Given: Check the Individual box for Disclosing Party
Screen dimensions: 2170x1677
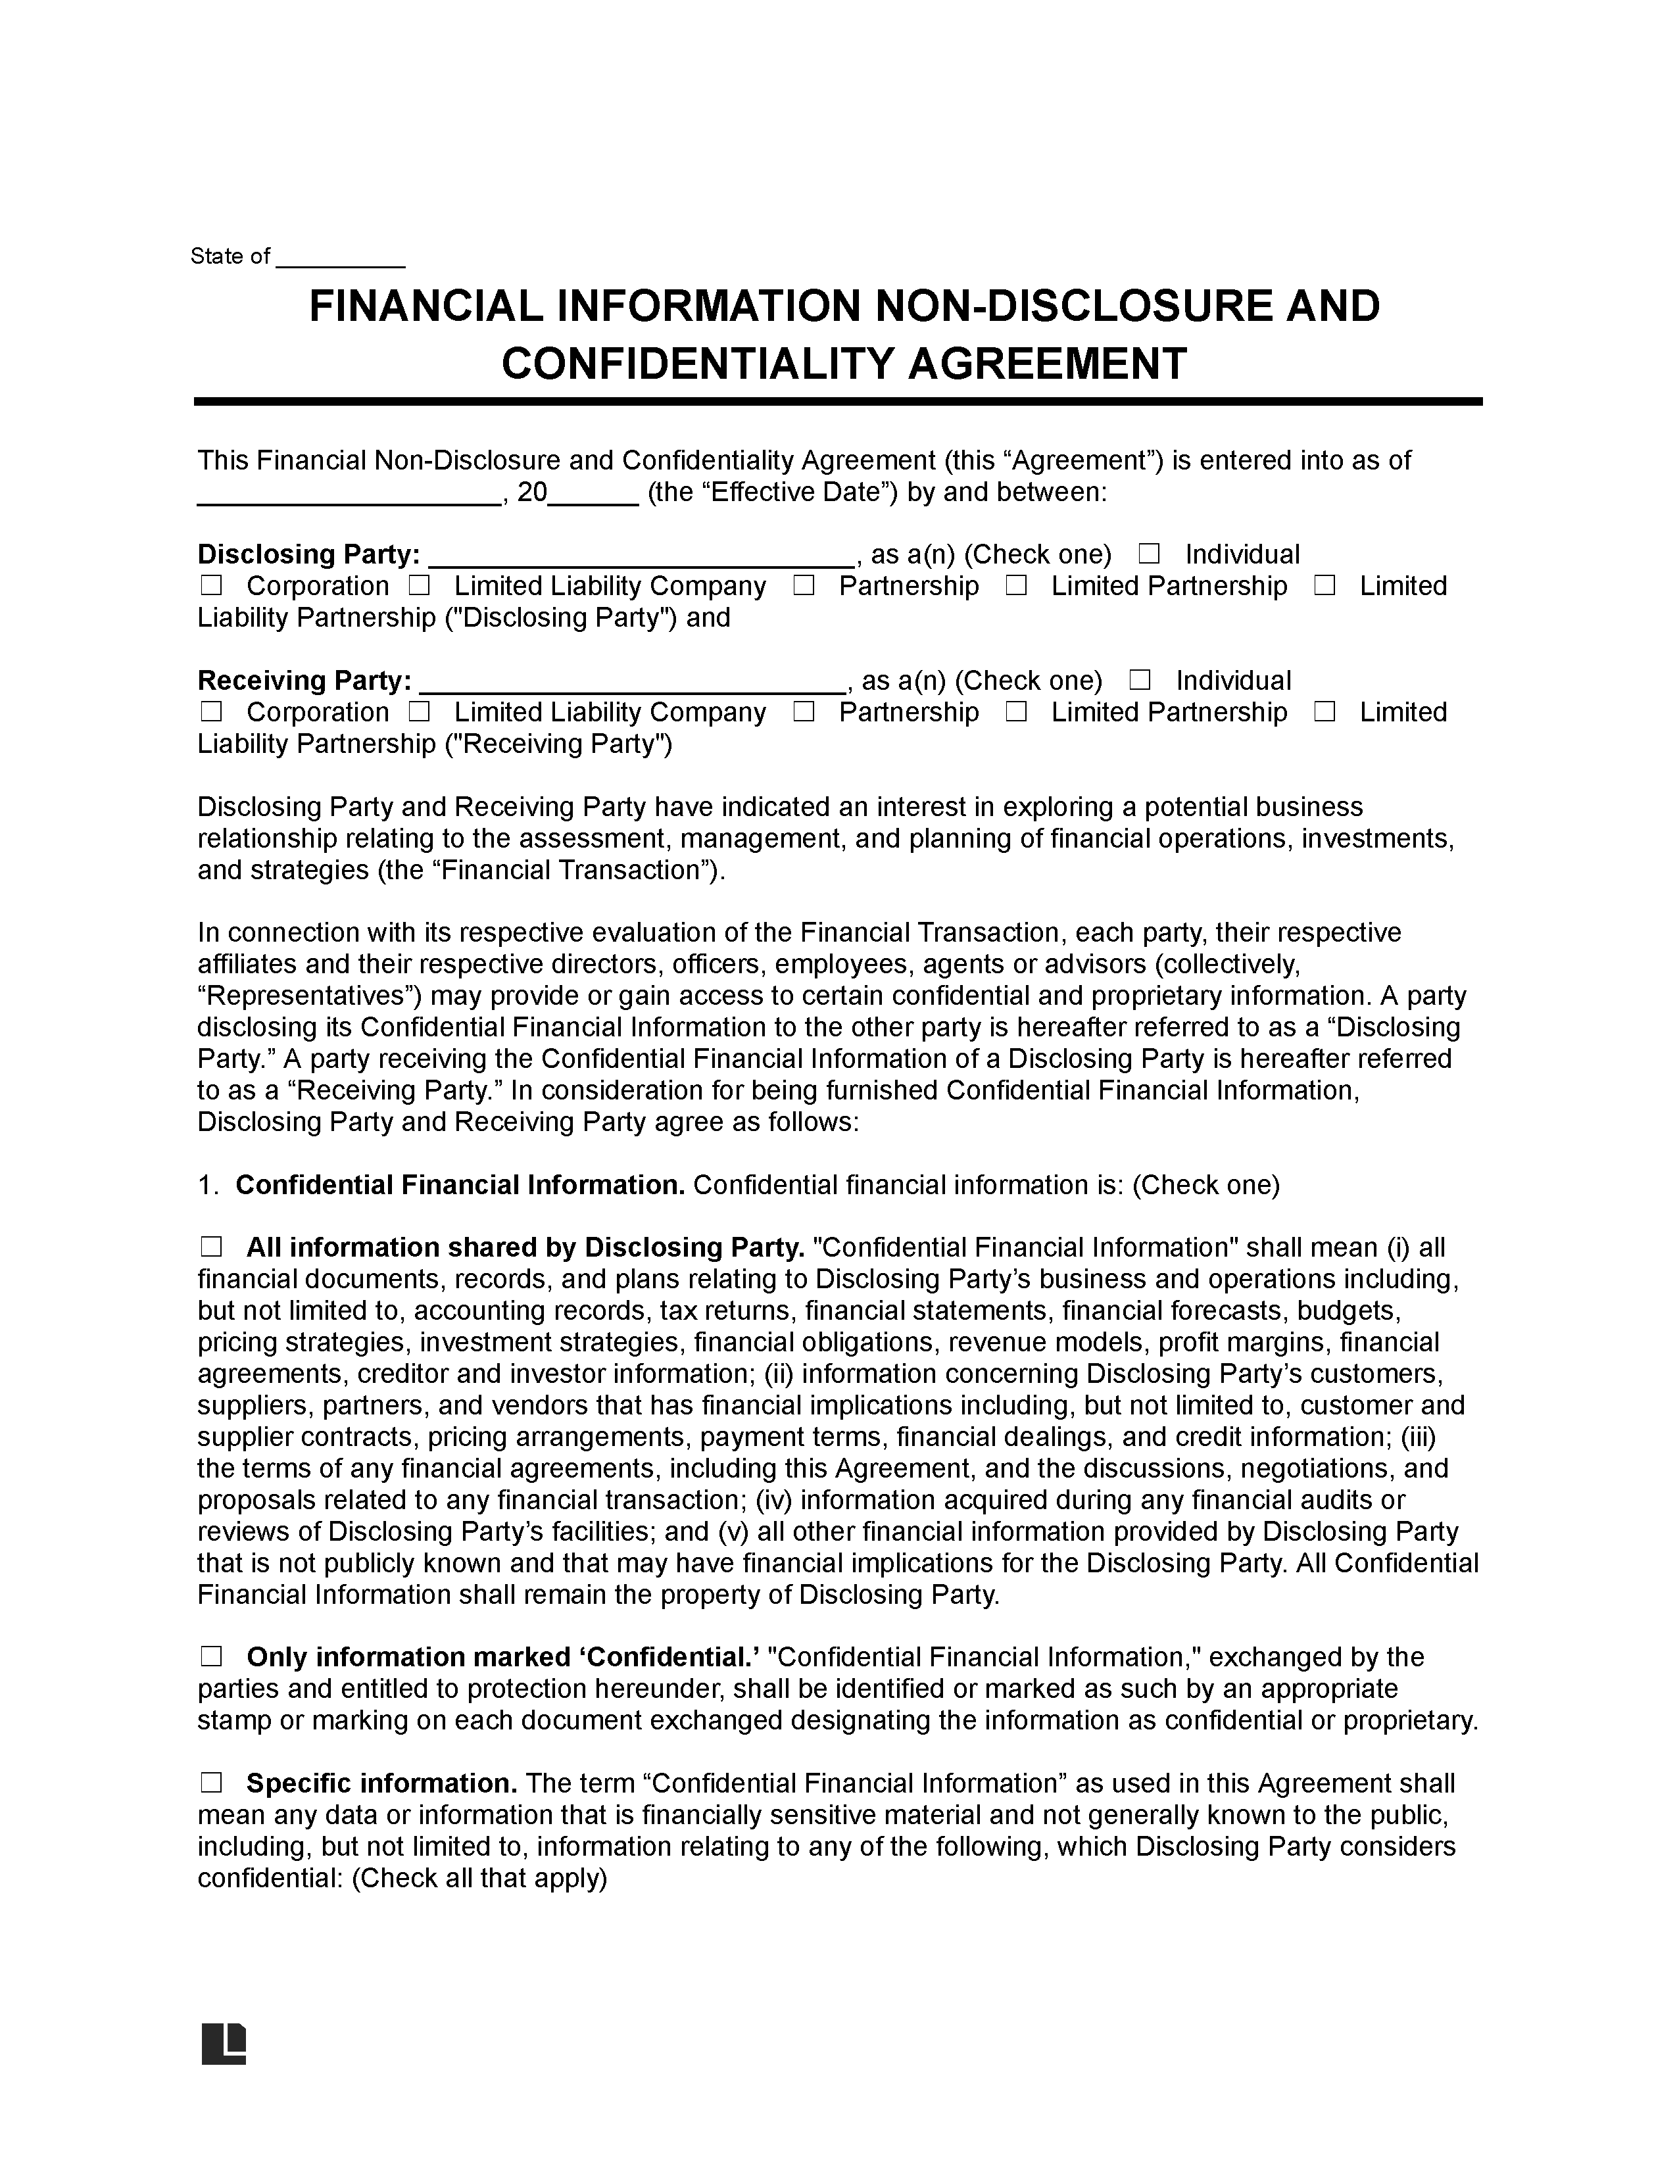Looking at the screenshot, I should [1148, 554].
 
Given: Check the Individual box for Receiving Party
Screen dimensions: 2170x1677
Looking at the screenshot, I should [1140, 680].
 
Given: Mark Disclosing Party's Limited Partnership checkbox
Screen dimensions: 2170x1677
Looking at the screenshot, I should [1015, 585].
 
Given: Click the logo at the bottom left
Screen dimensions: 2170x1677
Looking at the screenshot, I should [224, 2043].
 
